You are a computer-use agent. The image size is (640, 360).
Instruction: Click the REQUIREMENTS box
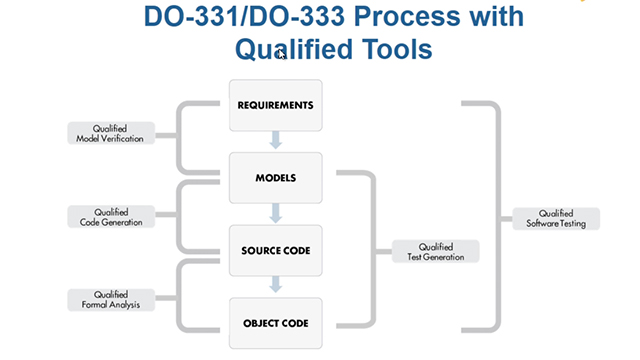click(276, 105)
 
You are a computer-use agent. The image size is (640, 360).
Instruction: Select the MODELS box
click(276, 178)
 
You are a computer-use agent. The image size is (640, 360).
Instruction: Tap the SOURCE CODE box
click(276, 250)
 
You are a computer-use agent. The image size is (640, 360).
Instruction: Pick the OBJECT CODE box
click(276, 322)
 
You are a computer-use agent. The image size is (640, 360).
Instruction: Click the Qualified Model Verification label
click(111, 133)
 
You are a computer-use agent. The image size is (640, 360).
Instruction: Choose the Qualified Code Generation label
click(111, 216)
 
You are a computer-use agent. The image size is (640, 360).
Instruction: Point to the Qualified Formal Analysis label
click(111, 298)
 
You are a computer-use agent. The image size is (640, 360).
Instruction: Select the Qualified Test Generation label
click(435, 251)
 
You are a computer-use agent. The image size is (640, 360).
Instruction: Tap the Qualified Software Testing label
click(555, 218)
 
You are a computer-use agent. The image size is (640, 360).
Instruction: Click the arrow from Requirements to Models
click(276, 142)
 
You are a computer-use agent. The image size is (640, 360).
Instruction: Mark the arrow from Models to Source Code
click(276, 214)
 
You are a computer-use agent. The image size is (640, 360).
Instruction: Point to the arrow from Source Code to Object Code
click(276, 286)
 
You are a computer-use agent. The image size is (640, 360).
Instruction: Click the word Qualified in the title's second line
click(282, 48)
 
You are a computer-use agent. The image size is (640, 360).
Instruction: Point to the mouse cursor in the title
click(282, 55)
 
